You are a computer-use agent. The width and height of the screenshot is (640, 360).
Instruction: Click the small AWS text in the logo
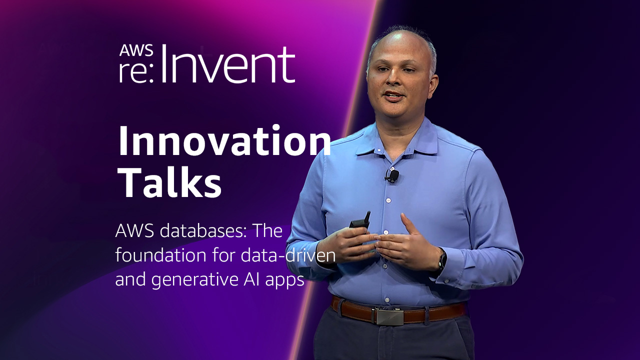click(136, 50)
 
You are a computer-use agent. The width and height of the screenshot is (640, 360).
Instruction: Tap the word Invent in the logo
click(228, 64)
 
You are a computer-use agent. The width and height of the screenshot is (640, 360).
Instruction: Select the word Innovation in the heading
click(224, 141)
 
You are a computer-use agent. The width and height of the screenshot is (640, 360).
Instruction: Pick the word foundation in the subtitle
click(160, 255)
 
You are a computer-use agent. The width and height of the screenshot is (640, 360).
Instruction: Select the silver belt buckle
click(389, 316)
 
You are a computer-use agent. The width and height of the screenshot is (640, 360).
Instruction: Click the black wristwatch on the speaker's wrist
click(442, 260)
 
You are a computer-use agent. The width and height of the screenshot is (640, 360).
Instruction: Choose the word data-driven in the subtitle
click(288, 255)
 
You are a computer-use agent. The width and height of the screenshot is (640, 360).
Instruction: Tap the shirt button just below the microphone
click(388, 200)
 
